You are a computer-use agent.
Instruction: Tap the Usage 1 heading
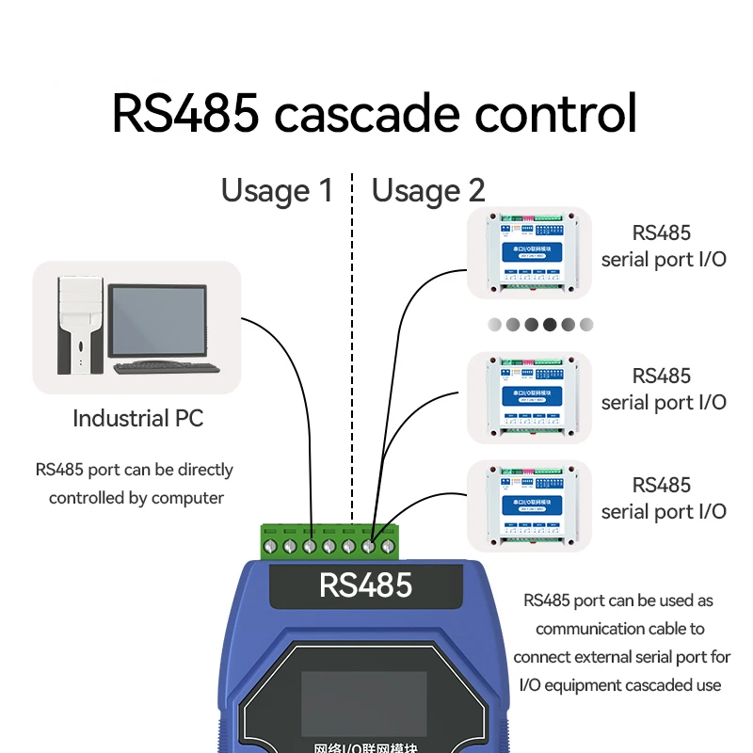(x=277, y=191)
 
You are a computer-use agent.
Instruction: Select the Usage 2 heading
(x=428, y=191)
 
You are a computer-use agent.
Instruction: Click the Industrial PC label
(x=137, y=419)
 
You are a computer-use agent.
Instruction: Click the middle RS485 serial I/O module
(x=530, y=397)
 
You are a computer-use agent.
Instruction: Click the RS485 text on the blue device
(x=365, y=585)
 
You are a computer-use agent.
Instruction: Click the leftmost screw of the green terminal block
(x=271, y=546)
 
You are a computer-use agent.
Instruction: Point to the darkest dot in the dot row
(x=550, y=325)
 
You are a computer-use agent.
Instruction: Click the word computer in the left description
(x=187, y=498)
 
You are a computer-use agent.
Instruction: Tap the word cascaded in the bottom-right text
(x=652, y=685)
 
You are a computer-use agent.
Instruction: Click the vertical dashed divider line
(x=352, y=376)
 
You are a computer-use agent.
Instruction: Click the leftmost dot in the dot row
(x=495, y=325)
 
